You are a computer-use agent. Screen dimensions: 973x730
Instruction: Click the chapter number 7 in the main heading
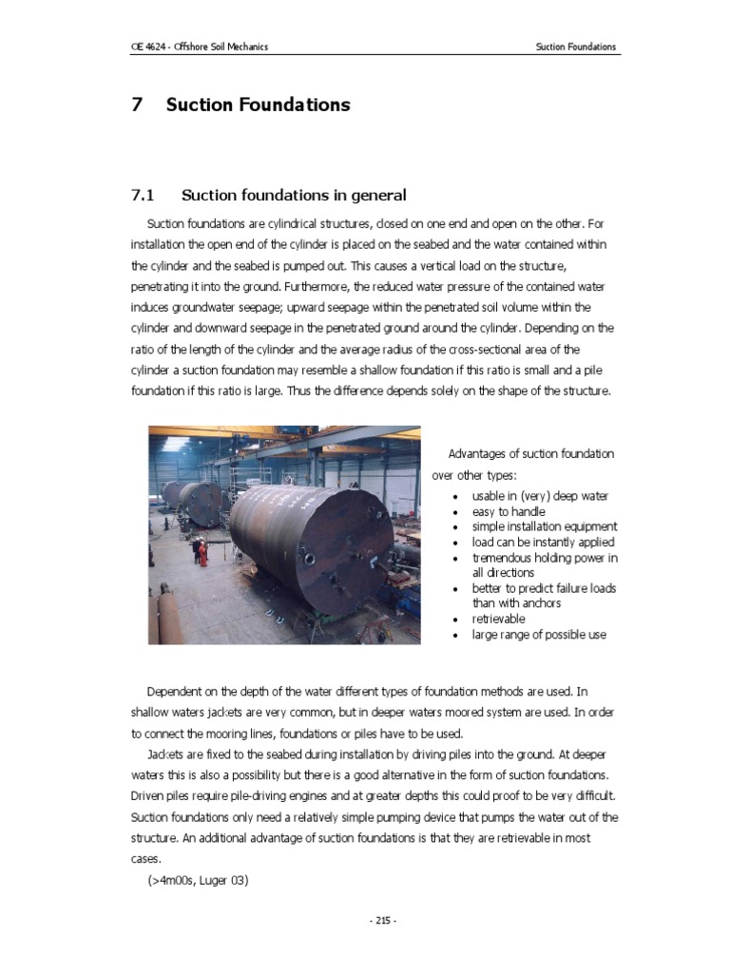[x=137, y=105]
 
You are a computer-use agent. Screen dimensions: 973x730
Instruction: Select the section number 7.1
[x=142, y=195]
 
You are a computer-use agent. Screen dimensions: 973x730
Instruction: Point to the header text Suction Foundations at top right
[x=575, y=47]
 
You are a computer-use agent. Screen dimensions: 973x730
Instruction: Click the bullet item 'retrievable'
[x=498, y=619]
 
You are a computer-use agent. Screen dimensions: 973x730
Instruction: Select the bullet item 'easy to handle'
[x=509, y=511]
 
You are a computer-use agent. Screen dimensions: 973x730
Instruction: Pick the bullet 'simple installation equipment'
[x=544, y=526]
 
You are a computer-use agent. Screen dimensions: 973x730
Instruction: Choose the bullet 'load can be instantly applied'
[x=543, y=542]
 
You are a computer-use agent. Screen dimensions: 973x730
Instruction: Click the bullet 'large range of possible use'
[x=538, y=634]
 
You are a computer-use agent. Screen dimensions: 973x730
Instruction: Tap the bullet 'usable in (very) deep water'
[x=540, y=496]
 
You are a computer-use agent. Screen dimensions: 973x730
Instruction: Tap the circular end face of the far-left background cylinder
[x=173, y=494]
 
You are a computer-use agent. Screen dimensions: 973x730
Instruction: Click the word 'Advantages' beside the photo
[x=477, y=453]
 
